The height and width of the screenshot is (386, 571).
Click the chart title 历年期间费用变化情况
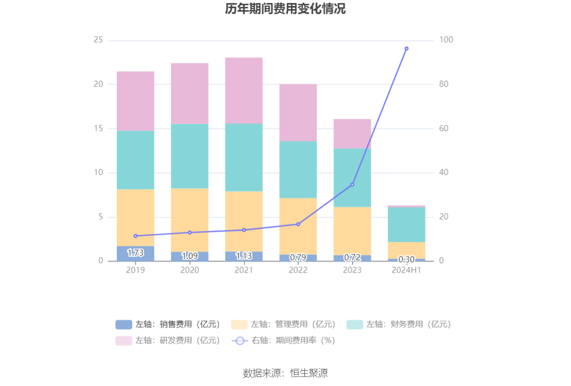coord(285,9)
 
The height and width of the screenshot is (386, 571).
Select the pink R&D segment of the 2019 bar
coord(135,101)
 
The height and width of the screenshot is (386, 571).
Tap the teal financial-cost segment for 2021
coord(244,157)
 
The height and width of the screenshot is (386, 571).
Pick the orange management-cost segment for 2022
coord(298,226)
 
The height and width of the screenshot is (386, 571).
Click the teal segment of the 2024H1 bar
coord(406,224)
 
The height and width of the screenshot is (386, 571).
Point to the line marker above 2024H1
coord(406,49)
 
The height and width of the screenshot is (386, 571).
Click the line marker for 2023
coord(352,184)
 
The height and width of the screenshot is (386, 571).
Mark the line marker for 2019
coord(135,236)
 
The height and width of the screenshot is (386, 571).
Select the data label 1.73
coord(135,253)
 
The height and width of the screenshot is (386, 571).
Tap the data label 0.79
coord(298,258)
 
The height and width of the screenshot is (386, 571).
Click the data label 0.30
coord(406,260)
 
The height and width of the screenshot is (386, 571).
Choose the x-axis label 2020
coord(190,270)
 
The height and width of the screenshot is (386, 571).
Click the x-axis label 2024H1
coord(406,270)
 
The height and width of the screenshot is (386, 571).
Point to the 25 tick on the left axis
coord(98,40)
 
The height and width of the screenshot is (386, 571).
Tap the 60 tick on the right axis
coord(444,128)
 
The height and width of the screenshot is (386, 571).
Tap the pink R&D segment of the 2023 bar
coord(352,134)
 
